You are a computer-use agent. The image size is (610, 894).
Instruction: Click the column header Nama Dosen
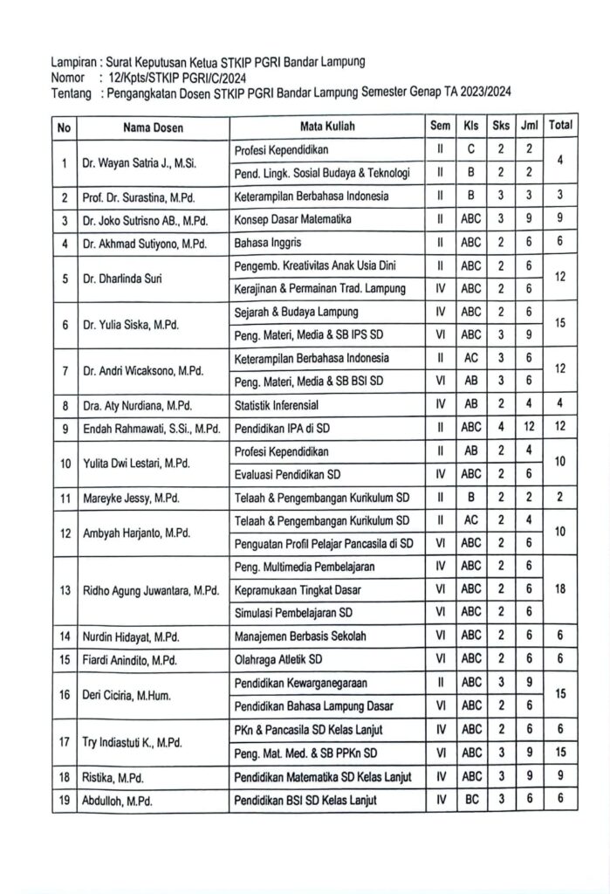[153, 127]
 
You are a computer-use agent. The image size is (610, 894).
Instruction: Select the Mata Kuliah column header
[327, 127]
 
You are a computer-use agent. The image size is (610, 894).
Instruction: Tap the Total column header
[560, 126]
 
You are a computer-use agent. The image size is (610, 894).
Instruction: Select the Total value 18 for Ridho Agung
[560, 589]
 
